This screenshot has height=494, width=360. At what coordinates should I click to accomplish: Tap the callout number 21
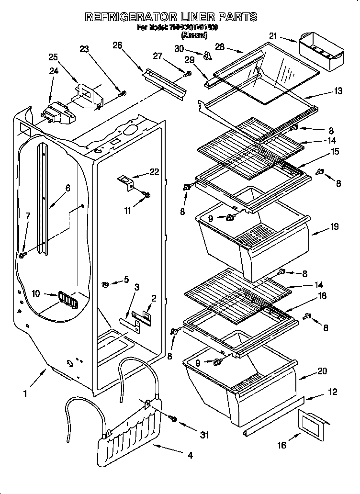[x=273, y=36]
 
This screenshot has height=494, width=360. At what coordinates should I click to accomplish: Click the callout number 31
[x=205, y=435]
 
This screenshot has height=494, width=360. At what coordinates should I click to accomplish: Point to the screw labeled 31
[x=173, y=419]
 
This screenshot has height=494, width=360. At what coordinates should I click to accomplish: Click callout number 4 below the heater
[x=190, y=456]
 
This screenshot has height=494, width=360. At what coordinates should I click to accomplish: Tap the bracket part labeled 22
[x=126, y=181]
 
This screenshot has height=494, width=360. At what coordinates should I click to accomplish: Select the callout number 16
[x=282, y=445]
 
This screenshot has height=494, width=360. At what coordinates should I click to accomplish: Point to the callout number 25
[x=54, y=57]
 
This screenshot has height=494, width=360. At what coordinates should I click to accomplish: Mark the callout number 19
[x=335, y=226]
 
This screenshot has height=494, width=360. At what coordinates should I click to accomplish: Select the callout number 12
[x=333, y=392]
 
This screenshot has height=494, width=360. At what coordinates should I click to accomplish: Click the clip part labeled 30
[x=207, y=56]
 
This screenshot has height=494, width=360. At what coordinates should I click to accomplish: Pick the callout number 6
[x=67, y=188]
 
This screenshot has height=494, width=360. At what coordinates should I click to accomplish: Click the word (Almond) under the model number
[x=194, y=35]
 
